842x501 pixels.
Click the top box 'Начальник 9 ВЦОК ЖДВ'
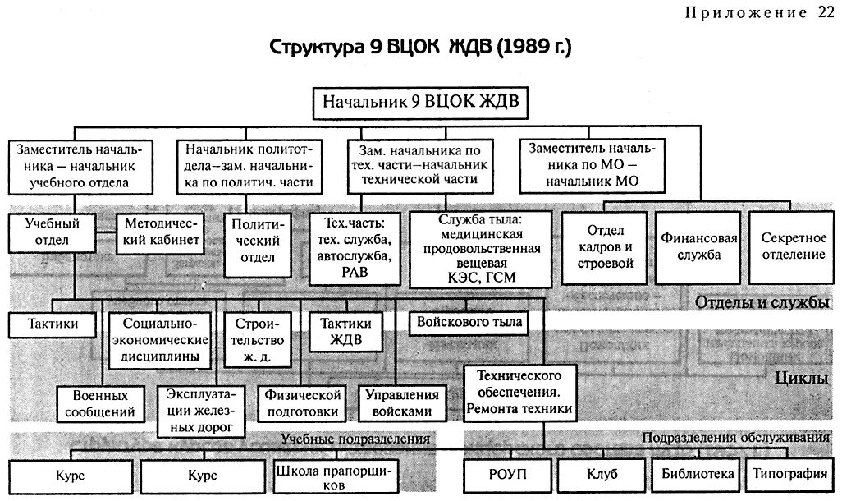pyautogui.click(x=419, y=103)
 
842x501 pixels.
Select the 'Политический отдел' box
pyautogui.click(x=256, y=243)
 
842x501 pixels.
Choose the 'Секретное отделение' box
pyautogui.click(x=793, y=244)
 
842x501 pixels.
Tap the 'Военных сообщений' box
pyautogui.click(x=98, y=402)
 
